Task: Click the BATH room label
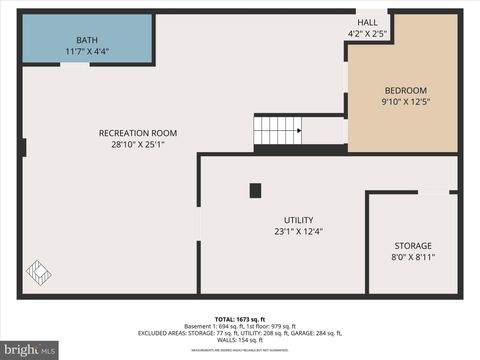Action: click(x=87, y=40)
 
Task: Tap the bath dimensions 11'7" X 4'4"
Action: click(x=87, y=51)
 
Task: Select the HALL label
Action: click(x=367, y=22)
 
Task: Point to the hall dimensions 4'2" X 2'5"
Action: click(x=367, y=33)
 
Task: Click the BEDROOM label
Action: click(x=403, y=90)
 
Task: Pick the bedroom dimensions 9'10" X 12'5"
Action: click(x=403, y=101)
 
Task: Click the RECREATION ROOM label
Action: click(x=138, y=133)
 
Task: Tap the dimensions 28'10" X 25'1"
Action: click(x=138, y=144)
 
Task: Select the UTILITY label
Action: click(x=298, y=220)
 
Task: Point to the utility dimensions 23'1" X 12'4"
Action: click(x=298, y=231)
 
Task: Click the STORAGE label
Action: click(x=413, y=245)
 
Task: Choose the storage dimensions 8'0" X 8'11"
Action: click(x=413, y=256)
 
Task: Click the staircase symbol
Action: click(x=277, y=131)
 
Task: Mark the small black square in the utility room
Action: click(x=255, y=190)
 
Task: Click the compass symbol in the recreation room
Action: click(x=39, y=271)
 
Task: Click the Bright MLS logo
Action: click(x=30, y=350)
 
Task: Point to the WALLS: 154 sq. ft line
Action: click(x=240, y=341)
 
